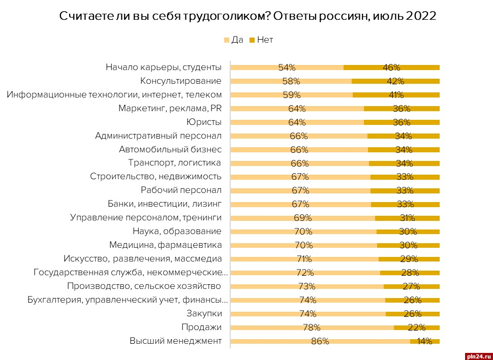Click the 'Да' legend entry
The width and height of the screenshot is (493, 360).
(234, 40)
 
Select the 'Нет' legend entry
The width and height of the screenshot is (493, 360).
(261, 40)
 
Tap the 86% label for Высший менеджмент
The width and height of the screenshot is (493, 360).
(321, 341)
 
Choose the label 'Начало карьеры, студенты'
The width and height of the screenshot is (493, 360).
(164, 67)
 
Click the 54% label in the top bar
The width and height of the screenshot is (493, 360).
(287, 67)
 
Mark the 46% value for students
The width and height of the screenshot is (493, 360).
(392, 67)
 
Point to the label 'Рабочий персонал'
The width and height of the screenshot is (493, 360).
(181, 190)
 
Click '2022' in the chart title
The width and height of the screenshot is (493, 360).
(421, 16)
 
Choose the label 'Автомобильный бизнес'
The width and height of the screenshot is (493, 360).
(170, 149)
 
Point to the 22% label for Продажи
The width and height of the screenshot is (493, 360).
(416, 328)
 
